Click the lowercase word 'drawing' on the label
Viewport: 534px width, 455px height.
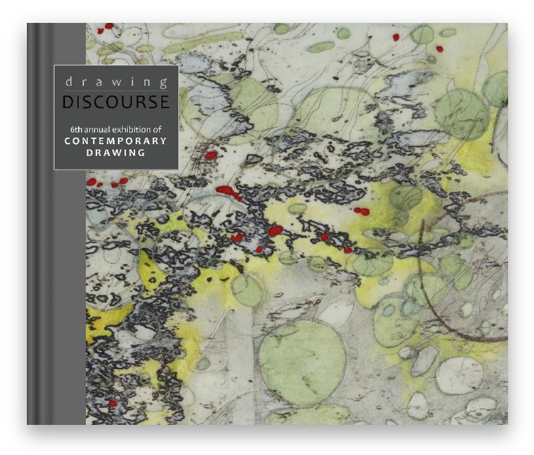pos(115,81)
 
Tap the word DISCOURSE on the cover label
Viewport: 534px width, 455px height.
pos(115,102)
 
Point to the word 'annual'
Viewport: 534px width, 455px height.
pos(92,129)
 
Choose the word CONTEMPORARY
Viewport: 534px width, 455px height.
pos(115,141)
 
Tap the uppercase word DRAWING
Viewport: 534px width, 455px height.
pos(115,153)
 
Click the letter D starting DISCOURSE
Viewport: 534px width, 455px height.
pos(68,102)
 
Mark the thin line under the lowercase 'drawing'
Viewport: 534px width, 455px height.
pos(115,91)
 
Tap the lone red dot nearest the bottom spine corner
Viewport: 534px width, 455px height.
pos(112,403)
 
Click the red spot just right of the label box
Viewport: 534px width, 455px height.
pos(210,154)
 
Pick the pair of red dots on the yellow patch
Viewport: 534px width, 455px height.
pos(362,210)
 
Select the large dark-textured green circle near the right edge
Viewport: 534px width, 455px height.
pos(462,114)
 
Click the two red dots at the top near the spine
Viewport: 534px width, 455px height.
pos(105,27)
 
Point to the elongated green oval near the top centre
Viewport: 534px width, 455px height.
pos(320,46)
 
